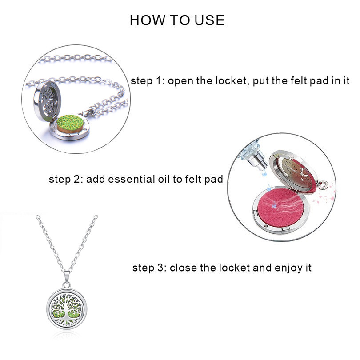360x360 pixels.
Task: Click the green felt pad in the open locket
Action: (x=71, y=123)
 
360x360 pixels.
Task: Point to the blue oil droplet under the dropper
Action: (x=265, y=174)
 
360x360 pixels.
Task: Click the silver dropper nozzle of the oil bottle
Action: (x=258, y=163)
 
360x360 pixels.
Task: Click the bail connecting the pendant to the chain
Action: (x=67, y=279)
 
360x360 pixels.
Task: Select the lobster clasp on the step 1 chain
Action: (x=87, y=112)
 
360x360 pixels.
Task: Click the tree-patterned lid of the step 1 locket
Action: (x=47, y=101)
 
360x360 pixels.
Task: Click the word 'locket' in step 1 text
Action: (x=232, y=81)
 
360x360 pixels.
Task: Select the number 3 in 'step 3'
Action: (x=161, y=268)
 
